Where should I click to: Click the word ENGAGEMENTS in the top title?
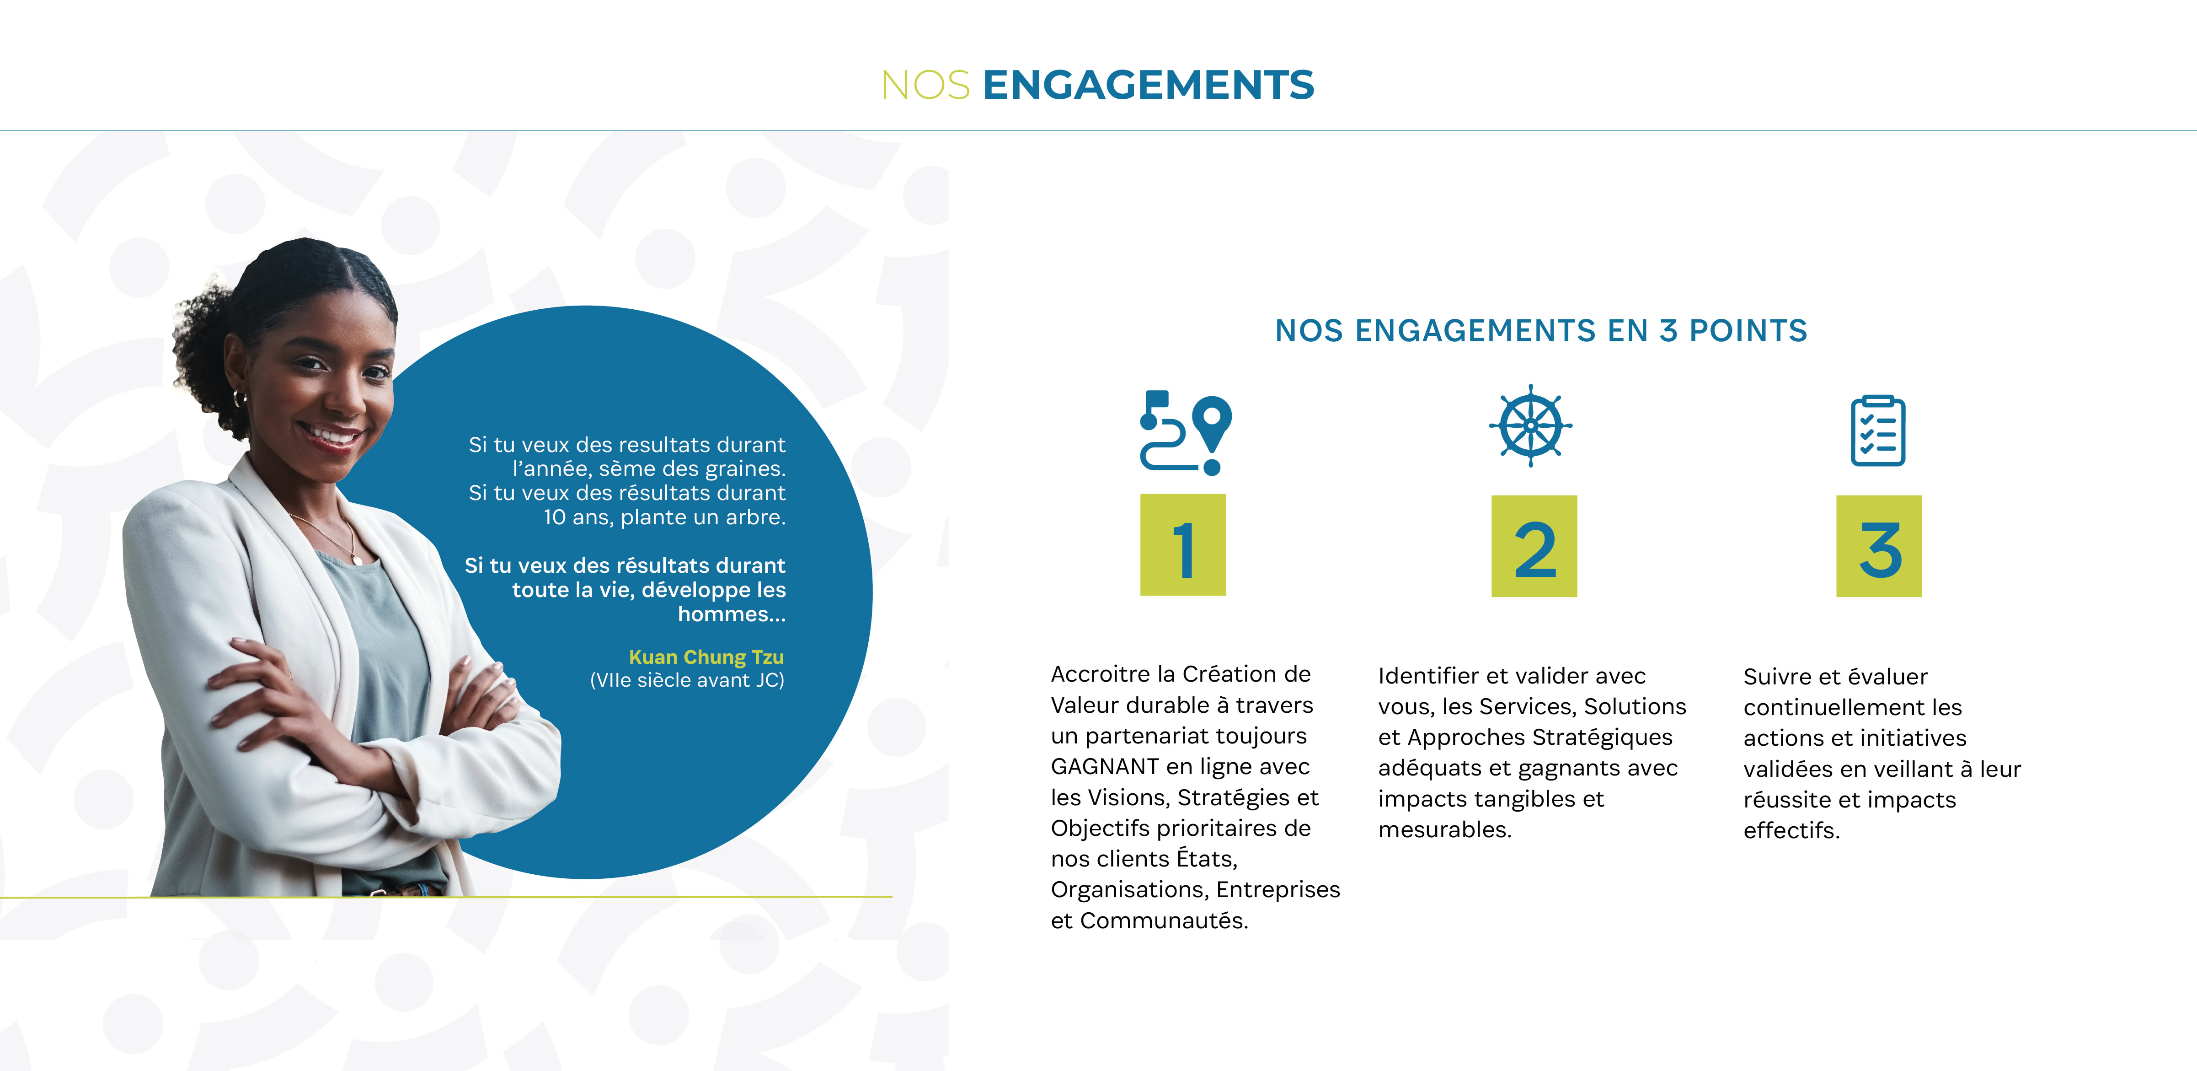tap(1148, 85)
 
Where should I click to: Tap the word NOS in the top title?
tap(925, 85)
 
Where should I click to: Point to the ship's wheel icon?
tap(1531, 425)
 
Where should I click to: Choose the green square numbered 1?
tap(1183, 544)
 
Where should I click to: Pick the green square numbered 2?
tap(1534, 546)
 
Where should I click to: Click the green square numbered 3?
tap(1879, 546)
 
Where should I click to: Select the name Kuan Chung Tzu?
tap(706, 657)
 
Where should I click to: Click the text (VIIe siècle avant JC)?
tap(687, 680)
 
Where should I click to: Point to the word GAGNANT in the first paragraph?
tap(1105, 766)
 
